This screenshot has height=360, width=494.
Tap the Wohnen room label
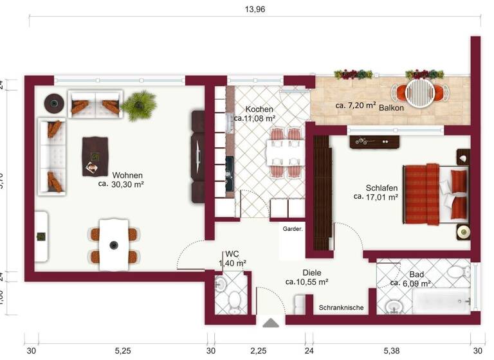pos(127,175)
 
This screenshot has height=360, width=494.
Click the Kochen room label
pos(259,109)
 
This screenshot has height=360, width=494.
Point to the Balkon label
pos(391,107)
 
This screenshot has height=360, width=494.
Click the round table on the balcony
pos(421,91)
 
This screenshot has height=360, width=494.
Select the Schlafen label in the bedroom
pos(381,188)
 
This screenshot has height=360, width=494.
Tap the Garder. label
pos(293,229)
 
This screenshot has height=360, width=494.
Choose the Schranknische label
pos(342,308)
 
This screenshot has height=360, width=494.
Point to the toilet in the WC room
pos(233,300)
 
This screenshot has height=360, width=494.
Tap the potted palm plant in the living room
pos(140,104)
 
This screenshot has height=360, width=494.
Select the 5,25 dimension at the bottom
pos(123,350)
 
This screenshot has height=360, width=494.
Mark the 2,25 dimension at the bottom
pos(259,350)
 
